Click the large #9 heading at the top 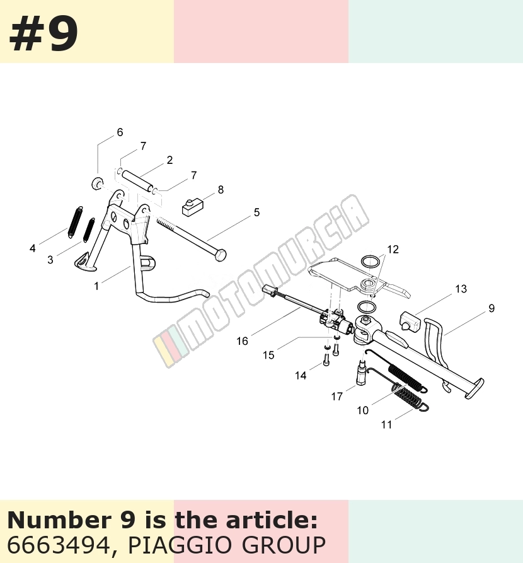pyautogui.click(x=43, y=35)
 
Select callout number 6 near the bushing pyautogui.click(x=120, y=132)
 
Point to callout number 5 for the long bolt pyautogui.click(x=256, y=212)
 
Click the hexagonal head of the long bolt pyautogui.click(x=220, y=255)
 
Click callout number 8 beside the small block pyautogui.click(x=221, y=190)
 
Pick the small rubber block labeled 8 pyautogui.click(x=193, y=208)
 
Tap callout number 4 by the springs pyautogui.click(x=33, y=248)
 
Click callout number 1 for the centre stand pyautogui.click(x=96, y=286)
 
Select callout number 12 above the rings pyautogui.click(x=393, y=249)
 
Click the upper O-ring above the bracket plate pyautogui.click(x=370, y=261)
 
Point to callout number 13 pyautogui.click(x=461, y=289)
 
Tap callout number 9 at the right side pyautogui.click(x=491, y=308)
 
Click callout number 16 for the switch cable pyautogui.click(x=243, y=340)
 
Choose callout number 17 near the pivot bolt pyautogui.click(x=336, y=397)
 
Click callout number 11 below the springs pyautogui.click(x=386, y=424)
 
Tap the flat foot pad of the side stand pyautogui.click(x=474, y=388)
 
